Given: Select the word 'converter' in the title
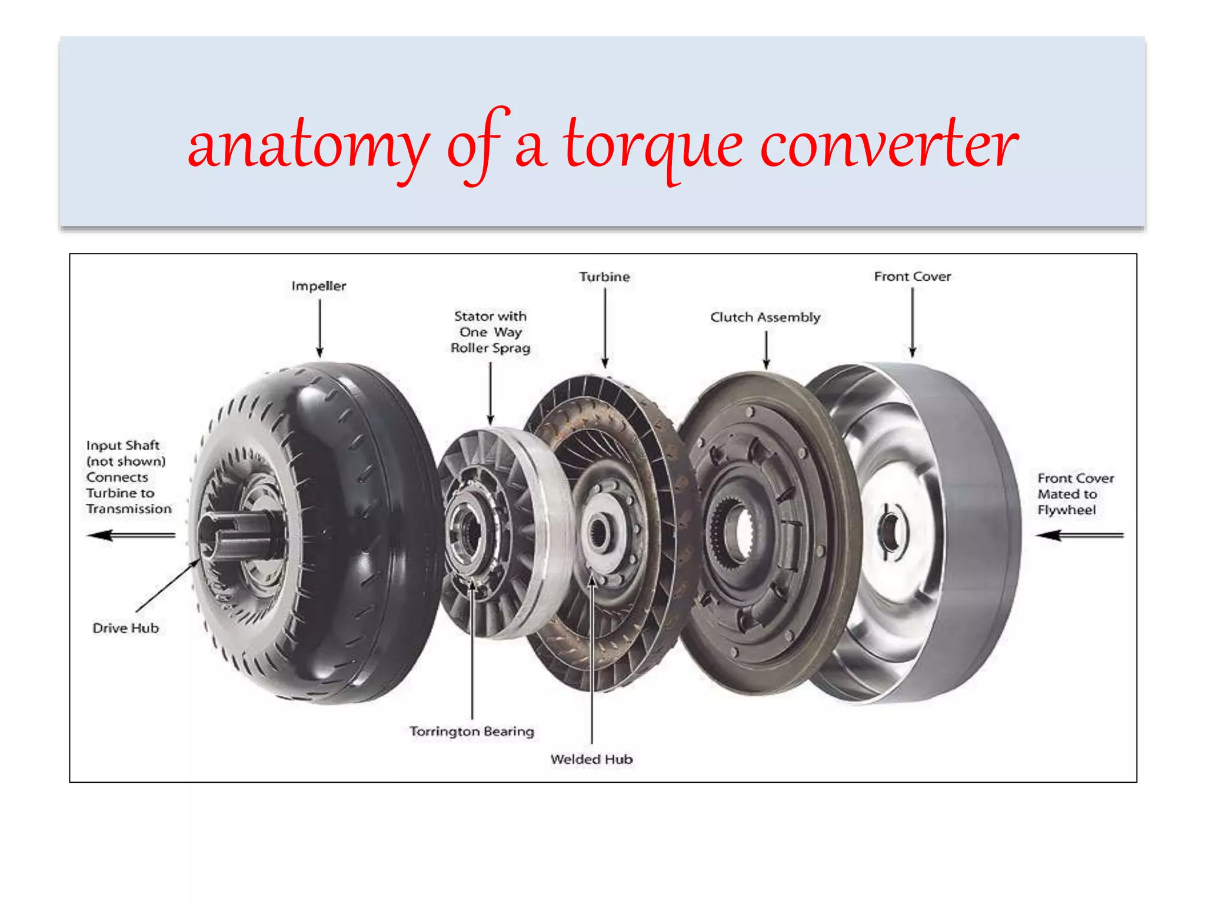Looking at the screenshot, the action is point(888,145).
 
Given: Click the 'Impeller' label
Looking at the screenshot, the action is point(319,286).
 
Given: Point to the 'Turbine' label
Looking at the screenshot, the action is point(604,277).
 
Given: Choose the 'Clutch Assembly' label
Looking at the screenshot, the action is point(765,317).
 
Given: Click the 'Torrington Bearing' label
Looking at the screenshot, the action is point(472,731).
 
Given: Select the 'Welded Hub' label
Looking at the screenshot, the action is point(591,759).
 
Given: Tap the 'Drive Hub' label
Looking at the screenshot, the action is point(125,628).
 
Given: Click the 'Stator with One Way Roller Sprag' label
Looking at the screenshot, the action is point(490,333).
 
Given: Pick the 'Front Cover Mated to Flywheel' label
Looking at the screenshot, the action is point(1075,494).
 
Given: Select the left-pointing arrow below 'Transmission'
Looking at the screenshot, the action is point(131,535).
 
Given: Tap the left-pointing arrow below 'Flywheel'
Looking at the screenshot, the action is point(1079,535).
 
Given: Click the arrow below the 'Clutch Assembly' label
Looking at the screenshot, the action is point(766,350).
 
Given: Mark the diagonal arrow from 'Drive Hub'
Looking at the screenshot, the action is point(167,586).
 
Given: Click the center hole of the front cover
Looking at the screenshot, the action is point(890,533).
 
